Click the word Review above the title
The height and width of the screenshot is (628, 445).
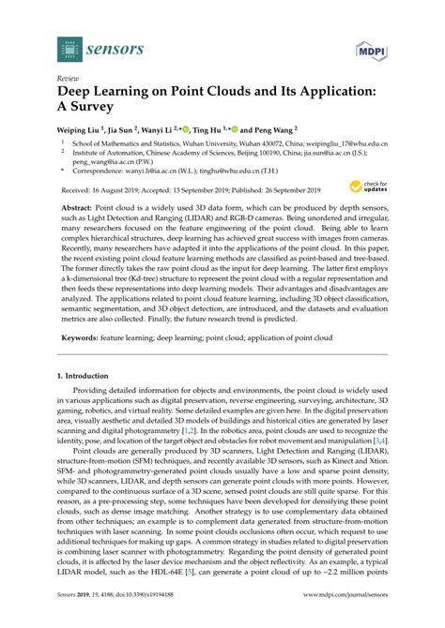69,80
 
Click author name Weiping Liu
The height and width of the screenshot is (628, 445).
83,129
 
